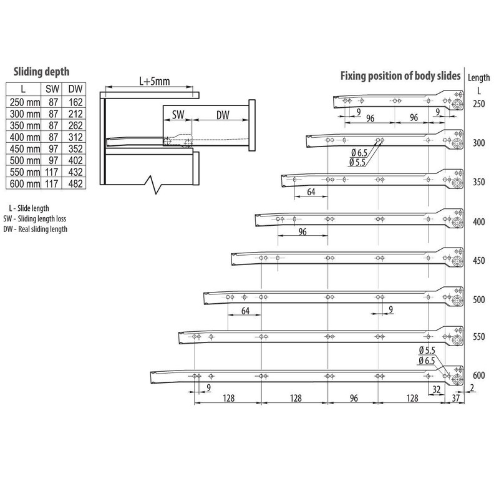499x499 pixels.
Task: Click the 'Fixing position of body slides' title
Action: click(x=400, y=76)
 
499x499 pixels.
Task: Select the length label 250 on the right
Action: click(x=478, y=104)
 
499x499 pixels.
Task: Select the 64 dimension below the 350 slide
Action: click(x=310, y=193)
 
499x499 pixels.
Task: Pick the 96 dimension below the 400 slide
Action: click(x=303, y=231)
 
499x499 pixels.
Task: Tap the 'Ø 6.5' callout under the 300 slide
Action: click(x=357, y=153)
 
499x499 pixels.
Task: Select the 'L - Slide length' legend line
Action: click(x=32, y=208)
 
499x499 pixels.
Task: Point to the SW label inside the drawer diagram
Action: click(x=178, y=115)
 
